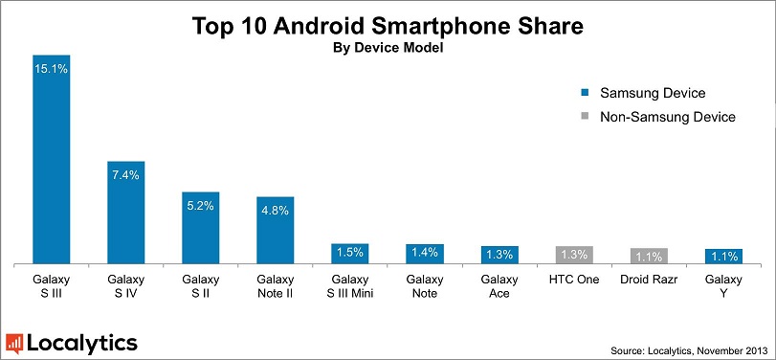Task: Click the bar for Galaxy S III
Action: pyautogui.click(x=52, y=159)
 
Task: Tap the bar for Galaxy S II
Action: pyautogui.click(x=201, y=227)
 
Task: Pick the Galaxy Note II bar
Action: pyautogui.click(x=276, y=230)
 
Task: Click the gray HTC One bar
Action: pyautogui.click(x=574, y=255)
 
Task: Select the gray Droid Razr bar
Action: pyautogui.click(x=649, y=256)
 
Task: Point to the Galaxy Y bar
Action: pyautogui.click(x=723, y=256)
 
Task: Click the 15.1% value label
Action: pyautogui.click(x=52, y=69)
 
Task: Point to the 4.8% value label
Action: pyautogui.click(x=276, y=211)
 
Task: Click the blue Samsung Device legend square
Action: pyautogui.click(x=585, y=94)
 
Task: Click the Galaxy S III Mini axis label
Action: pyautogui.click(x=350, y=286)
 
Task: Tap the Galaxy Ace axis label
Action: pyautogui.click(x=499, y=286)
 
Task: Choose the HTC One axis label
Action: pyautogui.click(x=574, y=280)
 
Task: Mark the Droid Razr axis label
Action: pyautogui.click(x=649, y=280)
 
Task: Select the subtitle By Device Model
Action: pyautogui.click(x=388, y=48)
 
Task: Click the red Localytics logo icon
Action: pyautogui.click(x=14, y=343)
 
